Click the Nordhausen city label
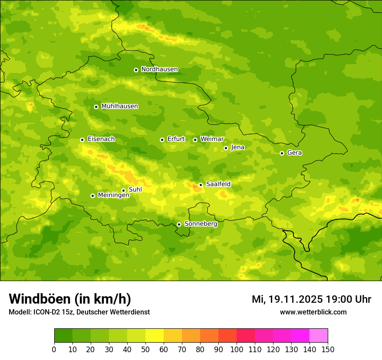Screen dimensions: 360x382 click(x=159, y=69)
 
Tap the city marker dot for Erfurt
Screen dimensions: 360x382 click(x=162, y=140)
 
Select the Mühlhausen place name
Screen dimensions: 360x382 click(x=119, y=106)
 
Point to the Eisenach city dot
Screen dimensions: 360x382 click(x=82, y=140)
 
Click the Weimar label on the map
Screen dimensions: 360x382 click(x=212, y=139)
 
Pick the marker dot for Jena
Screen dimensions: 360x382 click(x=226, y=148)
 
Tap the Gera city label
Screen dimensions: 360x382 click(x=294, y=153)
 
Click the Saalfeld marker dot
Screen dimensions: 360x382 click(x=201, y=185)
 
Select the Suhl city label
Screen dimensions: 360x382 click(x=135, y=190)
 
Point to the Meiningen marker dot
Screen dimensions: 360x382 click(x=92, y=196)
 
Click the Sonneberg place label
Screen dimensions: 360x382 click(x=201, y=224)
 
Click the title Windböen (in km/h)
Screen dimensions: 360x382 click(x=70, y=299)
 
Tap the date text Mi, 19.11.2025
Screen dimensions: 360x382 click(x=287, y=299)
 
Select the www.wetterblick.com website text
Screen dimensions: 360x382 click(x=313, y=312)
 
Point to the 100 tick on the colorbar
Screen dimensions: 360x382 click(x=237, y=349)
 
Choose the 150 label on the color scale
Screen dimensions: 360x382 click(x=328, y=349)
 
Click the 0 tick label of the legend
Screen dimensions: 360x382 click(x=54, y=349)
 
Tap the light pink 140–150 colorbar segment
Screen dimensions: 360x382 click(x=319, y=336)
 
